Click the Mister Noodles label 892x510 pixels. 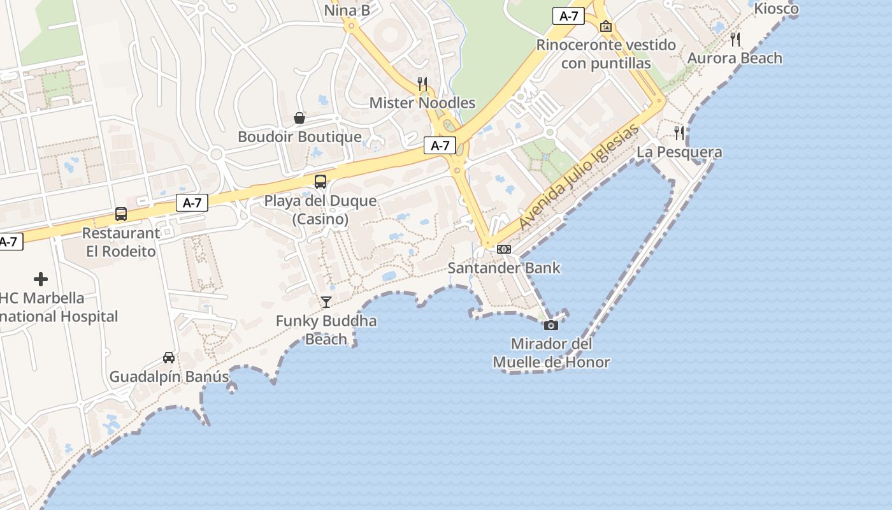point(422,103)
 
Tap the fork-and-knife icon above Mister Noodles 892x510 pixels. point(422,83)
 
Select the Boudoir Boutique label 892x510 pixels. point(299,136)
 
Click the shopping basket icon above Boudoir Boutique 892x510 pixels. point(299,118)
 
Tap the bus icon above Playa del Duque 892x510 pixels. point(320,182)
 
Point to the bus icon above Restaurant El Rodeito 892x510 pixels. point(121,214)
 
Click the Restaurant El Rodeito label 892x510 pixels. point(121,242)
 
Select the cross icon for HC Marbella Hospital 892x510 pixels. point(41,279)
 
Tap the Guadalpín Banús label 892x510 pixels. point(169,377)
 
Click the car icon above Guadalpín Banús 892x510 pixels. point(169,358)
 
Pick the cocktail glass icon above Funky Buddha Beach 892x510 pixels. point(326,302)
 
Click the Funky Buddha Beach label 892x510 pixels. point(326,330)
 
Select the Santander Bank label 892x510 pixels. point(503,268)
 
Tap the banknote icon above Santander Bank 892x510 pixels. point(503,249)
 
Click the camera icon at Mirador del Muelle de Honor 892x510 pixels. point(551,325)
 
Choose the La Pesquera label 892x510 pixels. point(679,152)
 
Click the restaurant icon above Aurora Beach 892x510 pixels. point(735,40)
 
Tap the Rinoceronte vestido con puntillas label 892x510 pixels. point(606,54)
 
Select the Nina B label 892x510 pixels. point(347,10)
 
